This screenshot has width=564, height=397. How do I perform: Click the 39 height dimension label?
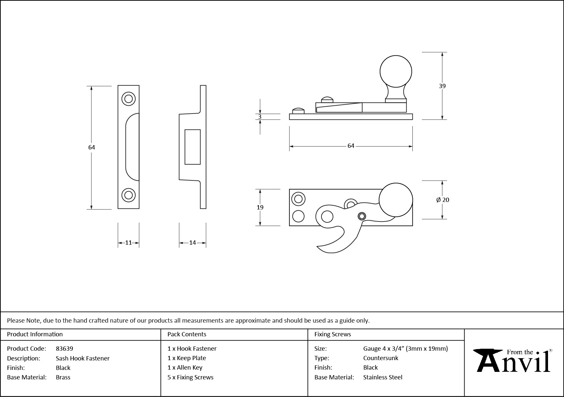pos(442,86)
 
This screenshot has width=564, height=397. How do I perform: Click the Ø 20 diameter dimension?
pos(443,200)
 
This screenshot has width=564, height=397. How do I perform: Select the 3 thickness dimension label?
pos(260,117)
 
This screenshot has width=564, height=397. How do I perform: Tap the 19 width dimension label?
pos(260,207)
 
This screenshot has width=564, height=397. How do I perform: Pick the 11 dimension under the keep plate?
pos(128,243)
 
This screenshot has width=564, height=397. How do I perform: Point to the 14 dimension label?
pos(192,243)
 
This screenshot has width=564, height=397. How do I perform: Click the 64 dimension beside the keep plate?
pos(92,147)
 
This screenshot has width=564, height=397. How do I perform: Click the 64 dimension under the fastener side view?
pos(351,146)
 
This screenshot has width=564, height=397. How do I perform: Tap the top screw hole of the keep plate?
pos(128,99)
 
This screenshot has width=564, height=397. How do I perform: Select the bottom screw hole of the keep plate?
pos(128,195)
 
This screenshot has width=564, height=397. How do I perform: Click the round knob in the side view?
pos(396,71)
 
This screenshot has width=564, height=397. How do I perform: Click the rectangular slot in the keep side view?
pos(192,147)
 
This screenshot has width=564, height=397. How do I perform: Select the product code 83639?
pos(65,348)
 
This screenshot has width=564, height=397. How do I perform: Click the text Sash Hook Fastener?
pos(82,358)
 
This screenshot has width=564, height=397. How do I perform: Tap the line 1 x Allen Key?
pos(185,368)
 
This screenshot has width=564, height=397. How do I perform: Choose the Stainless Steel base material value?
pos(383,377)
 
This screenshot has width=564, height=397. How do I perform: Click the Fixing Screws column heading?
pos(333,334)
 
